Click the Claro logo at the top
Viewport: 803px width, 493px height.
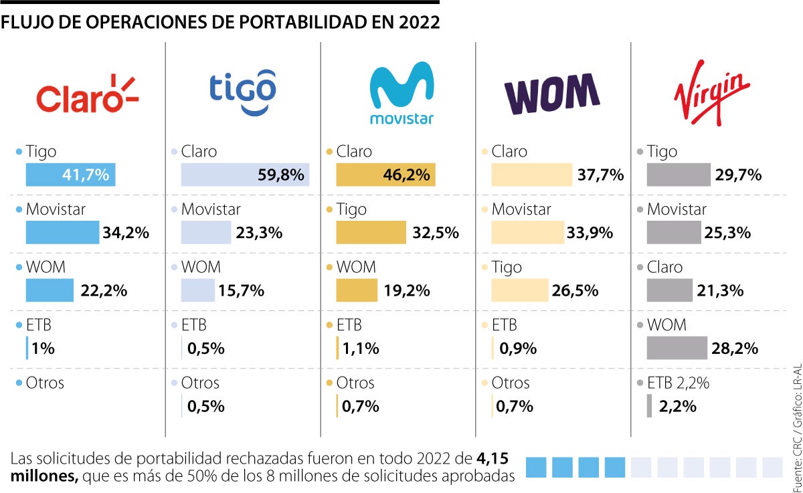(87, 94)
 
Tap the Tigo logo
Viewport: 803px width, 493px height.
(243, 93)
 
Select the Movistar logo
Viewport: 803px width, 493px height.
(401, 94)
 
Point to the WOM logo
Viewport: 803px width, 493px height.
(551, 94)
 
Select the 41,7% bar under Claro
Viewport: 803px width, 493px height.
(71, 175)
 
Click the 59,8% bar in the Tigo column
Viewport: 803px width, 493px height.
(245, 175)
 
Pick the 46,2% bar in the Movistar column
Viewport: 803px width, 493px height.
(385, 175)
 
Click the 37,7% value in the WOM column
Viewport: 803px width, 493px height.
(601, 176)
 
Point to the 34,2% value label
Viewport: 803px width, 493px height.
(125, 233)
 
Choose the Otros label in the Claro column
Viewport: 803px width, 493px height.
(45, 383)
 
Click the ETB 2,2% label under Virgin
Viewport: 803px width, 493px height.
(678, 383)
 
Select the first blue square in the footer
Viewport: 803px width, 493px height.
(536, 467)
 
